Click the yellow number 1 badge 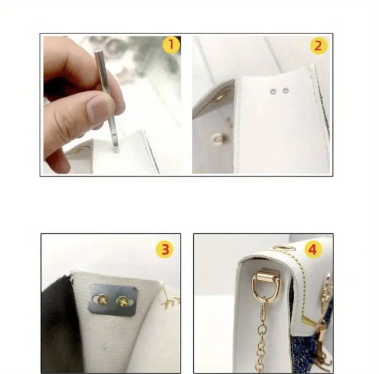[171, 45]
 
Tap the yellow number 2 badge [318, 45]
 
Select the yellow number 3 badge [165, 250]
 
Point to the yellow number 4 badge [313, 250]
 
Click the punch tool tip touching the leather [116, 150]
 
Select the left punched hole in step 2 [274, 92]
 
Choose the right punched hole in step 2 [286, 91]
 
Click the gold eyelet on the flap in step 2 [220, 97]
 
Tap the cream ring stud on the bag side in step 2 [216, 139]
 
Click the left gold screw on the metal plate [103, 300]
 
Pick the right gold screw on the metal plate [123, 301]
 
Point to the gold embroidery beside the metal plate [171, 300]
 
